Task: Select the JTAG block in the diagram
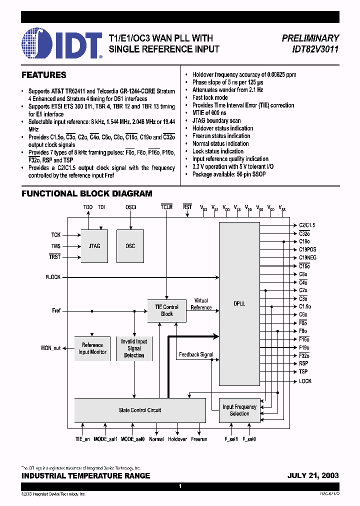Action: (x=94, y=246)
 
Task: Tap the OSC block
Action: (x=130, y=246)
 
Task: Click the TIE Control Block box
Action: (x=166, y=310)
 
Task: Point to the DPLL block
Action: (x=239, y=304)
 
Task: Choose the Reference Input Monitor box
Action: (x=92, y=348)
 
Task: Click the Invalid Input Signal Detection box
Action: (x=134, y=348)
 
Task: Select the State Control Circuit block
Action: (x=139, y=410)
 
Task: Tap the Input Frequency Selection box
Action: (x=239, y=410)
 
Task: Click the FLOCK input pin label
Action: (x=52, y=277)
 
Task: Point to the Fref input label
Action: (x=56, y=310)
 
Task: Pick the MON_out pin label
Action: (x=50, y=348)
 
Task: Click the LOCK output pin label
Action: (x=305, y=381)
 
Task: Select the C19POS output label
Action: (x=307, y=249)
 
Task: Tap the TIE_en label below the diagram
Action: (x=79, y=439)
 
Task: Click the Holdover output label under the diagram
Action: (x=177, y=439)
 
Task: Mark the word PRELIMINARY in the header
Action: (x=310, y=38)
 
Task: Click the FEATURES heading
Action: (x=44, y=75)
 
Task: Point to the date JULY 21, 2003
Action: (x=313, y=475)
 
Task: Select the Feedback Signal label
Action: (x=196, y=354)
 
